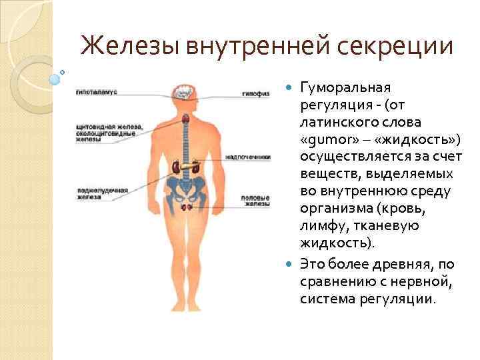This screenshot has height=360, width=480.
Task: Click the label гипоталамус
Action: tap(97, 91)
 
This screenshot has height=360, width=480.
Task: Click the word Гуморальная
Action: tap(346, 87)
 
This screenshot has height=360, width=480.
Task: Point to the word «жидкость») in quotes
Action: tap(415, 140)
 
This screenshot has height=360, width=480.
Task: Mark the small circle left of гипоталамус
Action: tap(62, 72)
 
